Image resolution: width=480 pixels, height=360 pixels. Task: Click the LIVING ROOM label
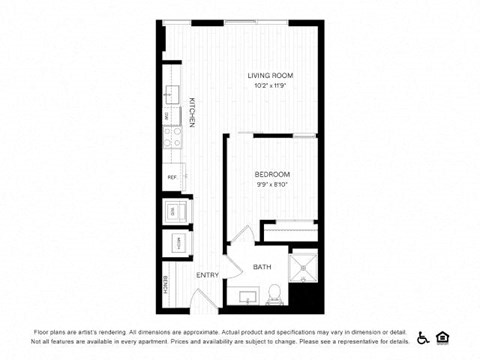[270, 75]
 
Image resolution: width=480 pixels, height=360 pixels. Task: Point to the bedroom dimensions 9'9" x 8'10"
[272, 184]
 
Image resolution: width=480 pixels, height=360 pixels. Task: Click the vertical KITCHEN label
[189, 112]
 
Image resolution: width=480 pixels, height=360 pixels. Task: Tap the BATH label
[262, 267]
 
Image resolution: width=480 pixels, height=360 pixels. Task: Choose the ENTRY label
[207, 275]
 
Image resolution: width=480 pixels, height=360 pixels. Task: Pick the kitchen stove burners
[171, 130]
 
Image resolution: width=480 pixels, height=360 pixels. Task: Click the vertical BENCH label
[166, 287]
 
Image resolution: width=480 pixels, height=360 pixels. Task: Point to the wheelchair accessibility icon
[422, 337]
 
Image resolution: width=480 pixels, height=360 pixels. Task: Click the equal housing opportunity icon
[445, 337]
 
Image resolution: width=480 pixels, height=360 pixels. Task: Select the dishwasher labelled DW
[171, 116]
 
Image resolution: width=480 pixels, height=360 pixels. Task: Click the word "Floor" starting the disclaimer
[43, 331]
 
